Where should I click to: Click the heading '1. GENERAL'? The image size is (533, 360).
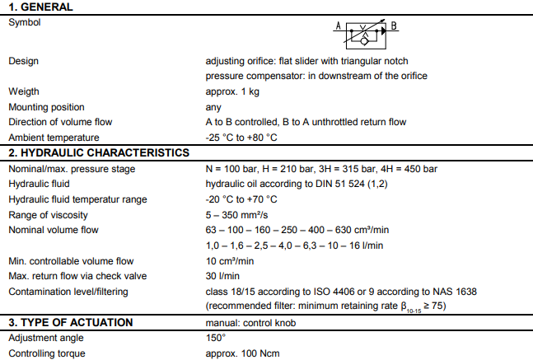pyautogui.click(x=40, y=7)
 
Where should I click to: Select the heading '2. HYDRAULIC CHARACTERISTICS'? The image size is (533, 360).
pyautogui.click(x=99, y=153)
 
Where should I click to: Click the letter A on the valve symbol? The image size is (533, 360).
pyautogui.click(x=338, y=26)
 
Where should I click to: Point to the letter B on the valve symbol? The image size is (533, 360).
pyautogui.click(x=394, y=26)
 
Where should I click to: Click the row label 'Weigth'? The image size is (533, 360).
pyautogui.click(x=24, y=91)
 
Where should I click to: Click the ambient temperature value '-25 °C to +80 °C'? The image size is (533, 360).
pyautogui.click(x=241, y=138)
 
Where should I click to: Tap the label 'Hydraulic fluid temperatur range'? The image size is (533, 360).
pyautogui.click(x=77, y=199)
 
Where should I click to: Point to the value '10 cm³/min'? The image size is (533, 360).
pyautogui.click(x=229, y=261)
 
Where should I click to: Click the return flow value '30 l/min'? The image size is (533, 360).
pyautogui.click(x=223, y=276)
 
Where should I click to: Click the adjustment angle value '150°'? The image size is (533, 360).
pyautogui.click(x=215, y=338)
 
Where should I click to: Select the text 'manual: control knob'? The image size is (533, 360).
pyautogui.click(x=250, y=322)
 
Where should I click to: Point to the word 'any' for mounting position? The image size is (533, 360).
pyautogui.click(x=213, y=107)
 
